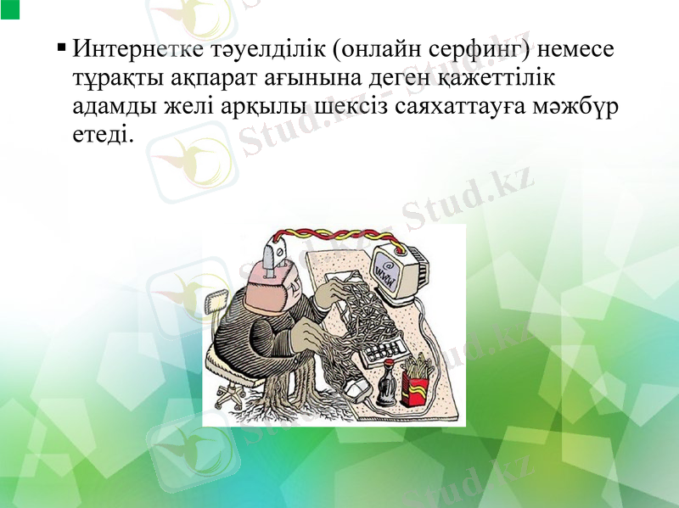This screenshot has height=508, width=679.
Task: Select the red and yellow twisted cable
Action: point(339,234)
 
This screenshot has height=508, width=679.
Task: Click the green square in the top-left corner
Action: point(9,9)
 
